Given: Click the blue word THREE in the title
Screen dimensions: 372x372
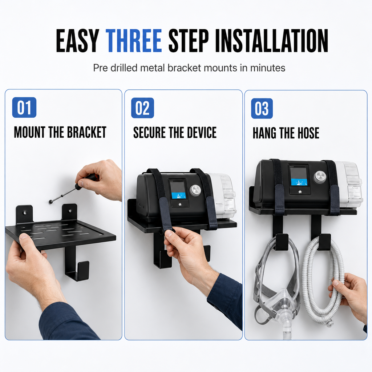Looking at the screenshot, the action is click(134, 41).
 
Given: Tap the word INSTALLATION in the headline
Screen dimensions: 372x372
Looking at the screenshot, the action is click(272, 41).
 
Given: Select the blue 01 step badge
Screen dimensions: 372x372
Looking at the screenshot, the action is click(24, 108).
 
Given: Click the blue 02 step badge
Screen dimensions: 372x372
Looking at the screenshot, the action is click(142, 108).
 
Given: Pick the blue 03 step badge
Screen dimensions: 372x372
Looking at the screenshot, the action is click(262, 108).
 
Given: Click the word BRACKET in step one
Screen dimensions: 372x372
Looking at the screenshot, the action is click(86, 132).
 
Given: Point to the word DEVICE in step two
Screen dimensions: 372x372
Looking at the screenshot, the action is click(202, 132).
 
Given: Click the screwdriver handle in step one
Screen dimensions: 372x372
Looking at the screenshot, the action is click(85, 181).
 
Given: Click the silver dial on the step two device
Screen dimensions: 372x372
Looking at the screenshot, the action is click(195, 190).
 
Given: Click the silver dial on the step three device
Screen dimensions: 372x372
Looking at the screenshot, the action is click(319, 177).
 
